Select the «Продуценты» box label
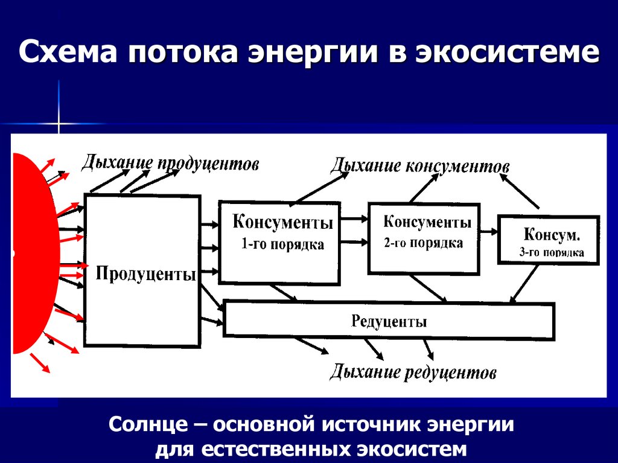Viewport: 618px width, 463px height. [146, 275]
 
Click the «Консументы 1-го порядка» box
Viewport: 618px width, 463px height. [278, 241]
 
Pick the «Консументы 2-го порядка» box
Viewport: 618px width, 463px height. [424, 238]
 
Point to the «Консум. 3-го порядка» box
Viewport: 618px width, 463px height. [549, 239]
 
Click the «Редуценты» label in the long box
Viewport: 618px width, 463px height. [389, 321]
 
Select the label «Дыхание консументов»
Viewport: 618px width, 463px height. [420, 166]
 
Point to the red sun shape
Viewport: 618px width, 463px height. [27, 254]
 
